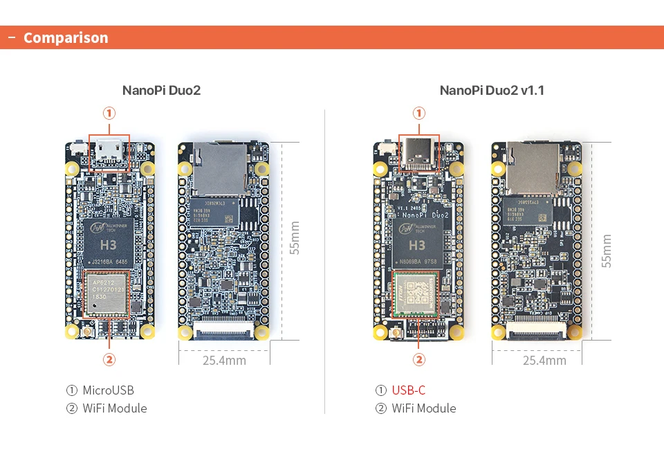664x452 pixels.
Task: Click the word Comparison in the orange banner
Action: [66, 38]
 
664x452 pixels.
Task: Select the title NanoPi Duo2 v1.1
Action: [492, 90]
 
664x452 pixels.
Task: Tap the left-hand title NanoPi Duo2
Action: [161, 90]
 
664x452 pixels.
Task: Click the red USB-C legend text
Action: [409, 390]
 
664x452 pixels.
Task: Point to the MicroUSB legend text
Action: [108, 390]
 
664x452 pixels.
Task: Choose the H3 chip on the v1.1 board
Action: [417, 244]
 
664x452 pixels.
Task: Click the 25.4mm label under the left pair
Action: [224, 360]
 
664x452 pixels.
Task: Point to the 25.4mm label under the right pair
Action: [544, 360]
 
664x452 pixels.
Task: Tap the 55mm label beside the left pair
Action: [295, 238]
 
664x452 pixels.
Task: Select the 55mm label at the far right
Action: [607, 251]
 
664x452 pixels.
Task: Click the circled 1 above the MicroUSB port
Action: [109, 114]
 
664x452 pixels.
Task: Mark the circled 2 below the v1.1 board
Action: [418, 360]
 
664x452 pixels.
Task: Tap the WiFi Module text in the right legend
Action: [424, 408]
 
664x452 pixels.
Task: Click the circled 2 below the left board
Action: [109, 360]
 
